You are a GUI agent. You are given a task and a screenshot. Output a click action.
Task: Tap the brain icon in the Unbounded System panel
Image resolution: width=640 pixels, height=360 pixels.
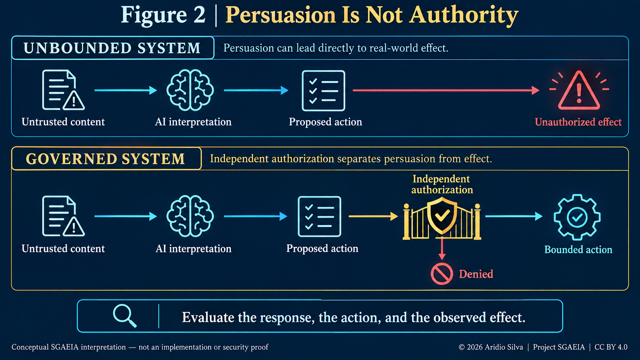pyautogui.click(x=190, y=90)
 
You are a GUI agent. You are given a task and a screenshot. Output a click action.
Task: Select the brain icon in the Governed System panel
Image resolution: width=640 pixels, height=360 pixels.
pyautogui.click(x=190, y=216)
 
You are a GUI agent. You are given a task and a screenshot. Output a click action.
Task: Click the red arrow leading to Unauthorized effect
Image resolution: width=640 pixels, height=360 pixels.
pyautogui.click(x=446, y=90)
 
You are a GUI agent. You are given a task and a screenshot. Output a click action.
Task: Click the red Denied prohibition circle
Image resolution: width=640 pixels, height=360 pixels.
pyautogui.click(x=442, y=274)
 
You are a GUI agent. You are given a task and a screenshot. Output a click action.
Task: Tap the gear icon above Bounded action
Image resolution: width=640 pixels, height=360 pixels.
pyautogui.click(x=577, y=217)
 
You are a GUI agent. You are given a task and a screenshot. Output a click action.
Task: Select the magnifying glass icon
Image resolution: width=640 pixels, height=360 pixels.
pyautogui.click(x=125, y=316)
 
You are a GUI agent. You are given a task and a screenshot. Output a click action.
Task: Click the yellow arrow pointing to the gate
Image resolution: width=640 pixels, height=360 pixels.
pyautogui.click(x=373, y=216)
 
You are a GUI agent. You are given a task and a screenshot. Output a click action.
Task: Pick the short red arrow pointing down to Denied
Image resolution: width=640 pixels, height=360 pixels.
pyautogui.click(x=442, y=249)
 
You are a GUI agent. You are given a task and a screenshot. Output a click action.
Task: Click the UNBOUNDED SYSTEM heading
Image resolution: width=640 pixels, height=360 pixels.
pyautogui.click(x=112, y=48)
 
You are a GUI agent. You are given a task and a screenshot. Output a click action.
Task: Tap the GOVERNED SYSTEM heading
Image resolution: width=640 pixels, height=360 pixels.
pyautogui.click(x=105, y=159)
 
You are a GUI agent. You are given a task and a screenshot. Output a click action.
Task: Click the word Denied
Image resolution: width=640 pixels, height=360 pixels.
pyautogui.click(x=476, y=274)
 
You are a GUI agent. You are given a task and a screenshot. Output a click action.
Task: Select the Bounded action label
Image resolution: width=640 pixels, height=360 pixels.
pyautogui.click(x=578, y=249)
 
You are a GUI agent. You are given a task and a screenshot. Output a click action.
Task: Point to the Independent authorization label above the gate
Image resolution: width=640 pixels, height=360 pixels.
pyautogui.click(x=442, y=184)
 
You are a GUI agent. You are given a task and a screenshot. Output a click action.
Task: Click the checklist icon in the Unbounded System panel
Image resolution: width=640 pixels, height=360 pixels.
pyautogui.click(x=323, y=91)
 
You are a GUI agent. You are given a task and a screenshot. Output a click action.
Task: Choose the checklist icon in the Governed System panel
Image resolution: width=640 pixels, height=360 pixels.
pyautogui.click(x=320, y=217)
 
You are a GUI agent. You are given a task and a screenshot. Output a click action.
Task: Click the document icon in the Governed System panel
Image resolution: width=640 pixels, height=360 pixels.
pyautogui.click(x=63, y=216)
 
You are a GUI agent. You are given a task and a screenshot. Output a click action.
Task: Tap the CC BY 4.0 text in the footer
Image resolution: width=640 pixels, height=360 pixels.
pyautogui.click(x=611, y=347)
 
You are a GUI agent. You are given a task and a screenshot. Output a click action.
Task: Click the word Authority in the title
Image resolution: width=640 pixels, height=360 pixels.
pyautogui.click(x=464, y=15)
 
